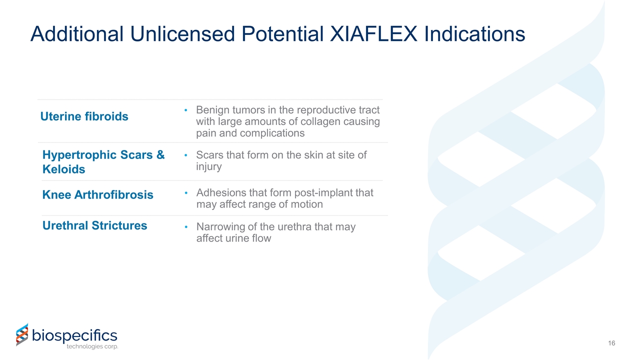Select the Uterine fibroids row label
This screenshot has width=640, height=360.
coord(84,116)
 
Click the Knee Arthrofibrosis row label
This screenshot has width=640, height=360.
coord(98,194)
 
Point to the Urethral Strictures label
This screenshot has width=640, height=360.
coord(94,225)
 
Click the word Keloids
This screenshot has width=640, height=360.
coord(63,169)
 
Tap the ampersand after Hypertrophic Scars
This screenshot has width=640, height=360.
coord(160,155)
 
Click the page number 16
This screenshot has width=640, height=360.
coord(611,343)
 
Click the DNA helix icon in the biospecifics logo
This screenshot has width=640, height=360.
coord(22,334)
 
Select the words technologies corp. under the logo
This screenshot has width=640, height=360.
coord(92,346)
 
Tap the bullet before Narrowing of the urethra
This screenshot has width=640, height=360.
coord(185,227)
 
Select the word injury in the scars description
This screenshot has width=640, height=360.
coord(209,166)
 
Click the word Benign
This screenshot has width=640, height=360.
coord(213,110)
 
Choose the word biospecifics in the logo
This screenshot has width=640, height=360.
coord(74,334)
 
